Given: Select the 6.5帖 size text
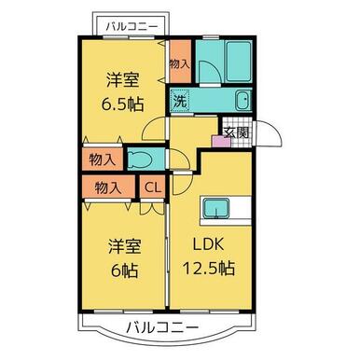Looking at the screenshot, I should [x=125, y=101].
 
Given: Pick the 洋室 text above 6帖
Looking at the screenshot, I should [x=123, y=247].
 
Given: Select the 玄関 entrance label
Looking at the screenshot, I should [x=233, y=132].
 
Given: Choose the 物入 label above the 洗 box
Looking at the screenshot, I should [x=180, y=64].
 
